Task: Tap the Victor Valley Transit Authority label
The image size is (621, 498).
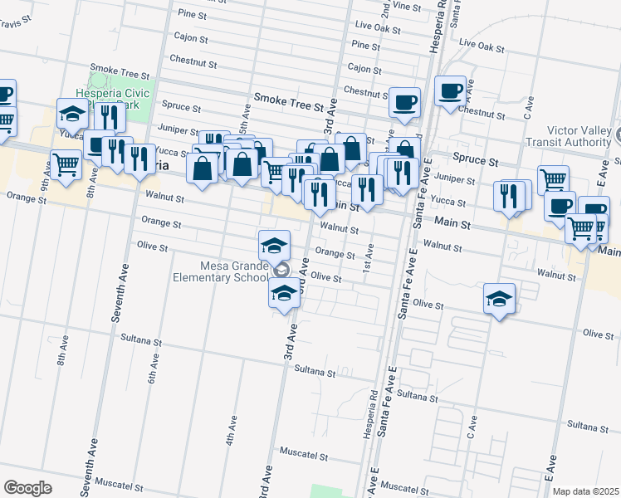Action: [x=581, y=136]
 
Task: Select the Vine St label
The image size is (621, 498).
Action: [x=407, y=6]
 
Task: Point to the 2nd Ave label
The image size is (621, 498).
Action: [x=385, y=11]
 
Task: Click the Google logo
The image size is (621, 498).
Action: [x=27, y=488]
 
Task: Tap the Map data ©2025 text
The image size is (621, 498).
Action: [x=585, y=491]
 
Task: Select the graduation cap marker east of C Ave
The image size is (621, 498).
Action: [x=500, y=300]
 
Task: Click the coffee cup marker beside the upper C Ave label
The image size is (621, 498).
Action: [x=451, y=90]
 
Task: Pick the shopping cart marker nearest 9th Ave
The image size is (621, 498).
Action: [x=66, y=164]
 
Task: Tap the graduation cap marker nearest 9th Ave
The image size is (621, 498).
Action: [x=72, y=114]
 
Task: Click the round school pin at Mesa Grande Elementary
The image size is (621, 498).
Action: [x=281, y=271]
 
